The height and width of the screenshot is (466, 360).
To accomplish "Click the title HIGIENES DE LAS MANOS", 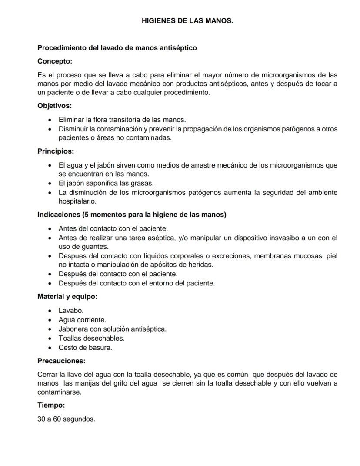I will [187, 20].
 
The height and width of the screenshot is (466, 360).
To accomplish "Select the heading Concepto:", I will [55, 61].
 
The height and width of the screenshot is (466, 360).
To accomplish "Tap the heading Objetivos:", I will [55, 106].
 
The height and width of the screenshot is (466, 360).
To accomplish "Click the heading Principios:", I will [56, 151].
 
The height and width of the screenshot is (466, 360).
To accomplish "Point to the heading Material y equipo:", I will [67, 297].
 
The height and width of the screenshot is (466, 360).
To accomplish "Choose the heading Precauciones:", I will [61, 361].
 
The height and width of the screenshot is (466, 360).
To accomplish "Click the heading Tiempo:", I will [51, 406].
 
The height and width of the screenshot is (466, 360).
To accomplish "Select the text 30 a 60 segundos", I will [66, 419].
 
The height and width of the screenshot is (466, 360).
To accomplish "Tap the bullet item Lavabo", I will [71, 311].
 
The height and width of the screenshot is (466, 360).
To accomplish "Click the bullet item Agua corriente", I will [82, 320].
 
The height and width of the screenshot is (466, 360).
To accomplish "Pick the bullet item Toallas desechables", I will [91, 338].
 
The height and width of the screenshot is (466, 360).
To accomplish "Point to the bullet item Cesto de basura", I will [85, 348].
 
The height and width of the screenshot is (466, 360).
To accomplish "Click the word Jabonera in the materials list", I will [72, 329].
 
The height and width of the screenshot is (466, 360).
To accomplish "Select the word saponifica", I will [101, 183].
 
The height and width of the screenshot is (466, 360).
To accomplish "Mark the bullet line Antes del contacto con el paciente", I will [113, 228].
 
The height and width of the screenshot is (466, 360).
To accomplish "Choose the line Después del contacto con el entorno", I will [137, 283].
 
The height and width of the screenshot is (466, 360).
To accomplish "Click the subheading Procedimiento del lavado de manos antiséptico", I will [117, 48].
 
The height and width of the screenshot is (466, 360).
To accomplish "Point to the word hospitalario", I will [77, 201].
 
